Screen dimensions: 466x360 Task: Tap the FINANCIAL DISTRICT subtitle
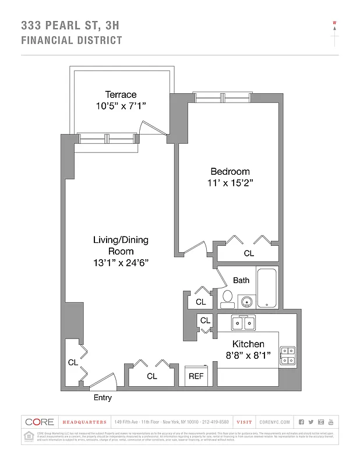point(72,40)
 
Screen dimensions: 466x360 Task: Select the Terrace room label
point(121,94)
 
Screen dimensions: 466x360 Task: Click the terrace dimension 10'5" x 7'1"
point(121,105)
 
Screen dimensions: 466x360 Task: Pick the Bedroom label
point(230,171)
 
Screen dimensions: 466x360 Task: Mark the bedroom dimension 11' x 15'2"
point(230,182)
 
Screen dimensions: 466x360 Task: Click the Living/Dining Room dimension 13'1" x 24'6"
point(121,262)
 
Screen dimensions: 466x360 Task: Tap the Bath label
point(241,280)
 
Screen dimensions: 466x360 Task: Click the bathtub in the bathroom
point(268,288)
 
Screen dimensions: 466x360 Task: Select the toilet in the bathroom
point(227,299)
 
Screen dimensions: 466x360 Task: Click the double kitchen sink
point(245,322)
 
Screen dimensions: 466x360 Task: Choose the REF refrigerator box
point(196,376)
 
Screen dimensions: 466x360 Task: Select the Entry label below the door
point(103,398)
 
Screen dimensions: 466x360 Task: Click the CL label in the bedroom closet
point(249,253)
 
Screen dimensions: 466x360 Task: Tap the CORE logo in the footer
point(40,422)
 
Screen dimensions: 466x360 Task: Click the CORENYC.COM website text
point(273,422)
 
